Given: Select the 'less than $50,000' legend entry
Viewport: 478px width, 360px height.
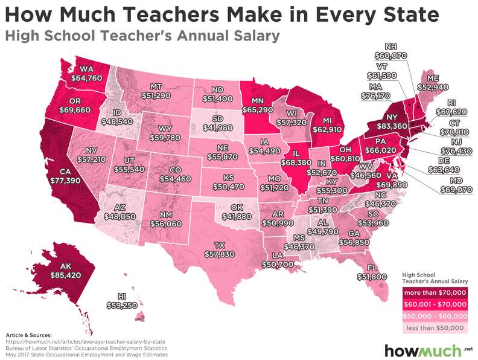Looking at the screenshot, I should coord(434,327).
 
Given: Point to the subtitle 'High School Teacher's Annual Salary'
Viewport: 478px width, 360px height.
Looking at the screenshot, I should coord(142,36).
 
